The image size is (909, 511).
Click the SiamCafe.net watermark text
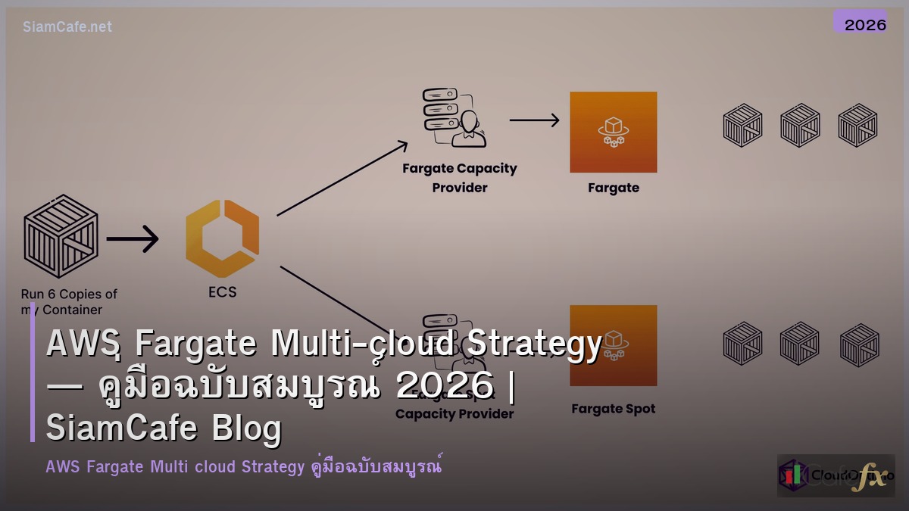point(67,26)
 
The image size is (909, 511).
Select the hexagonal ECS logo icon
point(222,238)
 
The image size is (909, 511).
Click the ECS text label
point(222,291)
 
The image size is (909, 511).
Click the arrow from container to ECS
point(132,239)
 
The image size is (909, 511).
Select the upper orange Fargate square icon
point(613,132)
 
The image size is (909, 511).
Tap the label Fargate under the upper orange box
point(613,188)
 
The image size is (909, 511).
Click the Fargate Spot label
point(613,409)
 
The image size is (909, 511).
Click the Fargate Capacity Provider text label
point(459,177)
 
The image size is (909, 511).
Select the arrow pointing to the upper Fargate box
point(534,120)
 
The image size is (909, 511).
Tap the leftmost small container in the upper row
point(742,125)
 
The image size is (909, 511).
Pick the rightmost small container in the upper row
point(857,125)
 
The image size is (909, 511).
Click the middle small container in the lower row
point(800,344)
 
